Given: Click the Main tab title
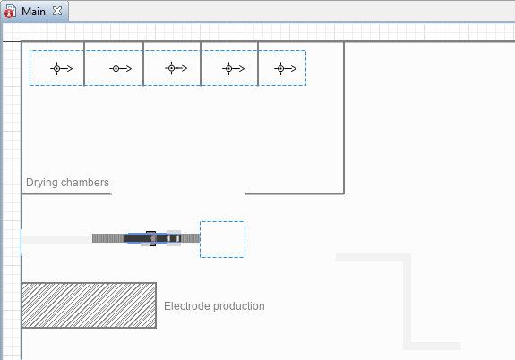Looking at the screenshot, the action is (x=33, y=12).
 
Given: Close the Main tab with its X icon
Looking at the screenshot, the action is (x=57, y=11).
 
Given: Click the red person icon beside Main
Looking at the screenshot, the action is (x=10, y=12).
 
